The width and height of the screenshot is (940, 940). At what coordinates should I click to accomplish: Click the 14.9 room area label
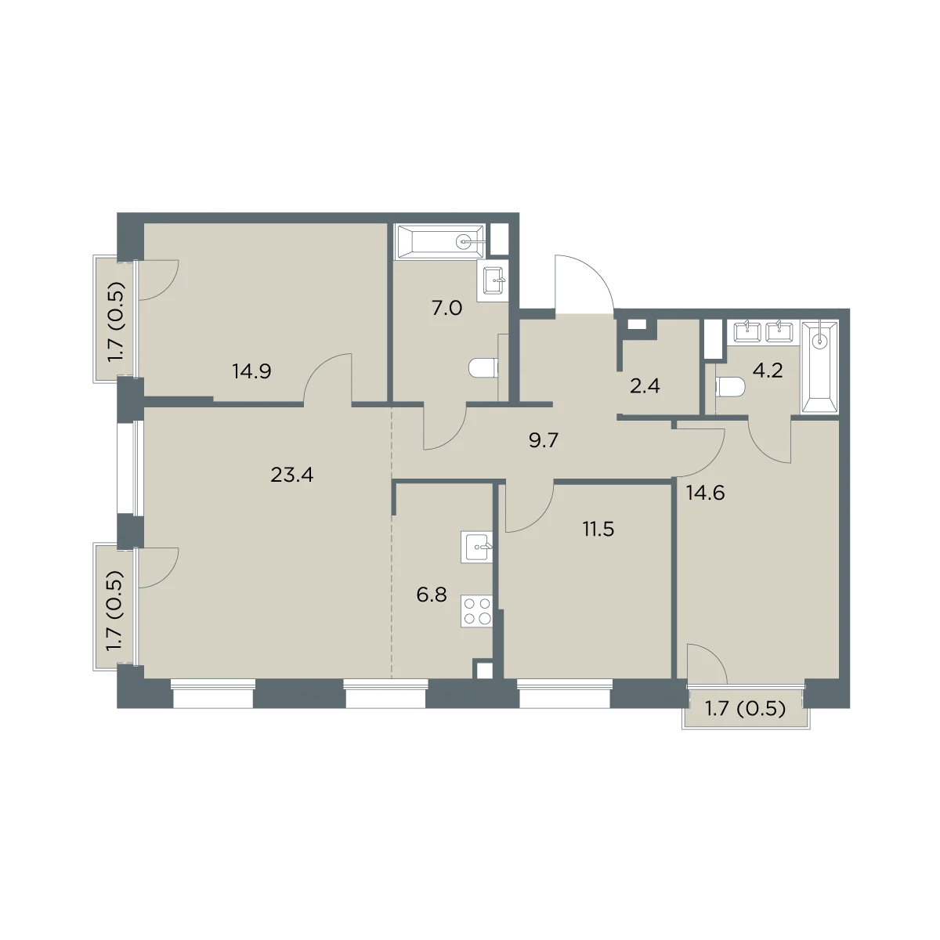coord(251,372)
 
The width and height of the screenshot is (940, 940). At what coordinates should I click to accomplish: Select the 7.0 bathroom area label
coord(446,309)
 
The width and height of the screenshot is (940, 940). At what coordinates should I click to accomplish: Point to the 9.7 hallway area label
coord(543,440)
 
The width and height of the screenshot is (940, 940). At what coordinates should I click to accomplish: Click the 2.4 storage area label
coord(645,386)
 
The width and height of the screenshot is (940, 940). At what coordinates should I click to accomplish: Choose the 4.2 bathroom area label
coord(768,371)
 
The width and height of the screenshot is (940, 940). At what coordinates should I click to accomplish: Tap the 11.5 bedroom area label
coord(598,529)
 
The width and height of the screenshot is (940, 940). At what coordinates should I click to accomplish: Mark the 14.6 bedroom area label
coord(705,493)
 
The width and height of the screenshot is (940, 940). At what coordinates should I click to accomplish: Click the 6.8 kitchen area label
coord(432,595)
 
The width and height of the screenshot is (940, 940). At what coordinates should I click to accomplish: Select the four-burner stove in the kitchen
coord(476,611)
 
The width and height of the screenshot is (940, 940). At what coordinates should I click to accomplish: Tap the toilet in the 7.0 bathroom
coord(484,368)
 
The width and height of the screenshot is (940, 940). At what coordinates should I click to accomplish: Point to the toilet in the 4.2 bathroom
coord(731,389)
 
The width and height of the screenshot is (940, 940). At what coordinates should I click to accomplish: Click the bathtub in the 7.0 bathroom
coord(440,241)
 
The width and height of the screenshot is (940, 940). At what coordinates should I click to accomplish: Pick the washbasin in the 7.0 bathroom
coord(496,280)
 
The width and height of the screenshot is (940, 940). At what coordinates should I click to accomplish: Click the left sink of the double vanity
coord(747,332)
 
